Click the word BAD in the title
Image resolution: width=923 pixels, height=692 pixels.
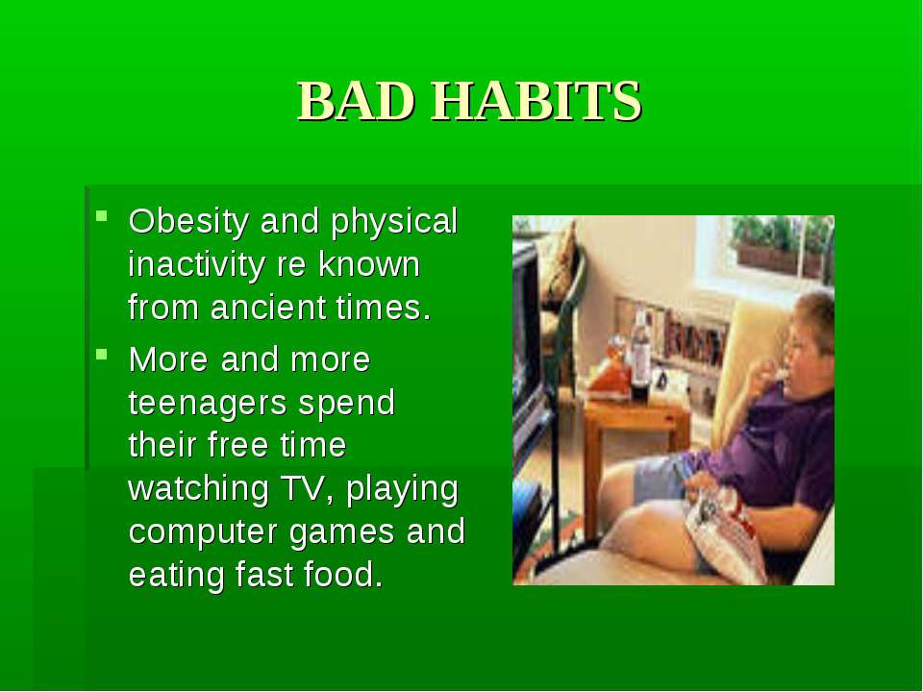tap(356, 101)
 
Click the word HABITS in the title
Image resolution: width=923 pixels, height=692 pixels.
tap(536, 101)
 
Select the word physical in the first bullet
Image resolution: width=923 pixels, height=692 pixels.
tap(394, 222)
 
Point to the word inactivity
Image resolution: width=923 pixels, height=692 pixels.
tap(196, 265)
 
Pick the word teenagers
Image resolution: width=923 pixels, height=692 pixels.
tap(208, 404)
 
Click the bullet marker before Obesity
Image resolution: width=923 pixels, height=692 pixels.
tap(102, 216)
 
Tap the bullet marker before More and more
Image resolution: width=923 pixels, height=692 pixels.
tap(102, 355)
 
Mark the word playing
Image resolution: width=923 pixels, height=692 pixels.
tap(402, 489)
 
